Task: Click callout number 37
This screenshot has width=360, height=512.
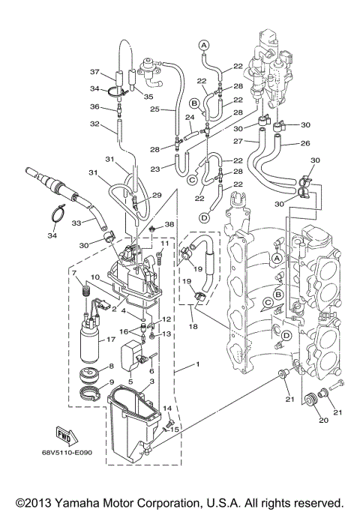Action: pos(94,73)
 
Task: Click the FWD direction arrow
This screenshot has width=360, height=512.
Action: pos(65,435)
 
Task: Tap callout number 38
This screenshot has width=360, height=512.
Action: pos(169,225)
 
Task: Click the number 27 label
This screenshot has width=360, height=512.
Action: pos(238,140)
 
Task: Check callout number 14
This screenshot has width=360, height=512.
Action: pos(168,409)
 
